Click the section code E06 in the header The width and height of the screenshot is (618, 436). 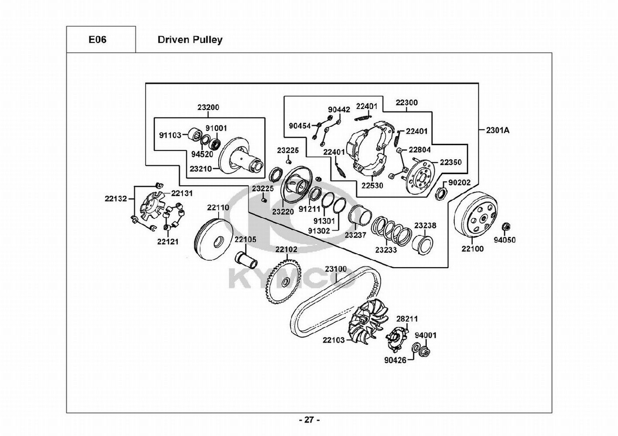tap(97, 40)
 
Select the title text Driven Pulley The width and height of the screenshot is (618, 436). tap(190, 40)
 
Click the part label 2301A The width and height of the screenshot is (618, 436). tap(498, 130)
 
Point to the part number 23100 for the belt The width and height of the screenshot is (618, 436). tap(336, 269)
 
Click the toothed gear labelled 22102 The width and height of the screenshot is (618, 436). tap(284, 282)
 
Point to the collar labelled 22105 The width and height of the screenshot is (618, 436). tap(246, 260)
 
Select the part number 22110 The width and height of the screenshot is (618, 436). tap(218, 208)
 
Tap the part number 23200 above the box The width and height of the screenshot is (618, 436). tap(208, 108)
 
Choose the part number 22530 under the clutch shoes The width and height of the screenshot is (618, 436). tap(372, 185)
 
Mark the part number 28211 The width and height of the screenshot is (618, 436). tap(407, 319)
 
